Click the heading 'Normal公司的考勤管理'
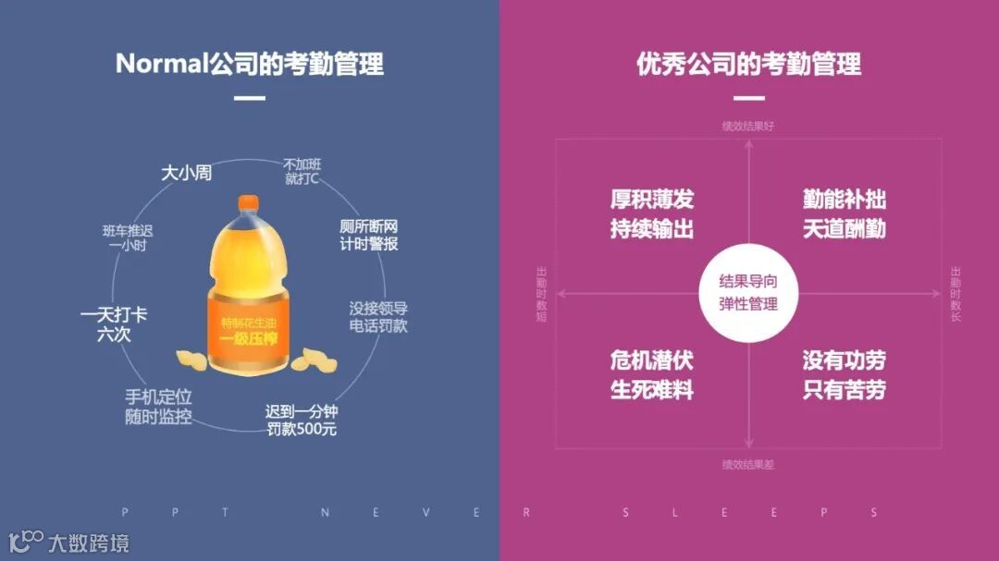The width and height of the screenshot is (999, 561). (249, 64)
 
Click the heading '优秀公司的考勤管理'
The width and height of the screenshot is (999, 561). (748, 64)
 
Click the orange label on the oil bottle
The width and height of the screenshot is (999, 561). (248, 328)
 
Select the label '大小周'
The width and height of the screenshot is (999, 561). (187, 173)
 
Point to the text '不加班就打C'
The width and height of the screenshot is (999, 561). (302, 171)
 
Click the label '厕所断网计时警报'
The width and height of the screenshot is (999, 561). (369, 236)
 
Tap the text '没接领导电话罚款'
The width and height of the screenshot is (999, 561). (378, 317)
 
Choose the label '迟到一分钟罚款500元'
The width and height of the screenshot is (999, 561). (302, 421)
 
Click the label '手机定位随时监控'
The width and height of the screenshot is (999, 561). (158, 407)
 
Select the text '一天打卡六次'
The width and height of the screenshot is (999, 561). (114, 324)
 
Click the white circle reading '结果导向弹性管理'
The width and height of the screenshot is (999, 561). (748, 293)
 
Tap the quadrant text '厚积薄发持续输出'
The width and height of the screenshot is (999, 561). (651, 214)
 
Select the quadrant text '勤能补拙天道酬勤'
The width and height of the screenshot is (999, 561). (844, 214)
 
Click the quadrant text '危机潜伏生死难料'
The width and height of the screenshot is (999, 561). (651, 374)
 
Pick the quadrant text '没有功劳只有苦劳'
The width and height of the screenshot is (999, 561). (844, 374)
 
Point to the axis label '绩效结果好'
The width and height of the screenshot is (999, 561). (747, 126)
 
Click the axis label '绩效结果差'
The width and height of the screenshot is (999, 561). (747, 464)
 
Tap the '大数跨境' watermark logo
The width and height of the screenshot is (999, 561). (69, 542)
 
